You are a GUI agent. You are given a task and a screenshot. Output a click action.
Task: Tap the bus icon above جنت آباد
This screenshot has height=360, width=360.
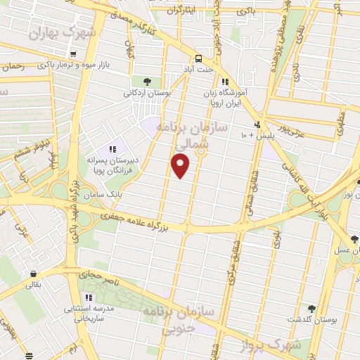pyautogui.click(x=199, y=59)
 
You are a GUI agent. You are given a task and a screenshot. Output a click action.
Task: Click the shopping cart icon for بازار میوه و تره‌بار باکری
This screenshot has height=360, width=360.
pyautogui.click(x=72, y=54)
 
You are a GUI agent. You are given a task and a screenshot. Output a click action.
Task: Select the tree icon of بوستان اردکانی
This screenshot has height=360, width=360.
pyautogui.click(x=146, y=81)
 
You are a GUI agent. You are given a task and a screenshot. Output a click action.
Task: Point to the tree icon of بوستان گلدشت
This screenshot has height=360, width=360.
pyautogui.click(x=311, y=308)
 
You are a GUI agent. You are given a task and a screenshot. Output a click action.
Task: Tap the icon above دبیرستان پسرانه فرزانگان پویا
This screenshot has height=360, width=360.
pyautogui.click(x=112, y=148)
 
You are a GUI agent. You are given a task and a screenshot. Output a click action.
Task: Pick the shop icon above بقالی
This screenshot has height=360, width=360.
pyautogui.click(x=32, y=274)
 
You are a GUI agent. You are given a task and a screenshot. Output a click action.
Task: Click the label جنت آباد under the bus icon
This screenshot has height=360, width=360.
pyautogui.click(x=199, y=70)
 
